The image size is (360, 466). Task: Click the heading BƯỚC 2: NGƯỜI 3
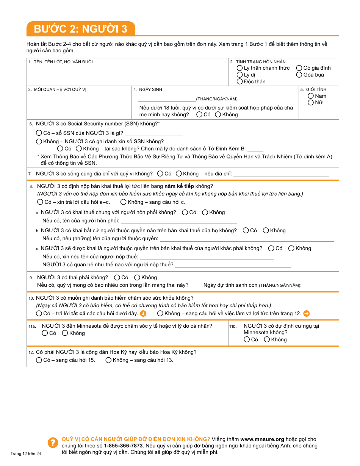click(x=80, y=29)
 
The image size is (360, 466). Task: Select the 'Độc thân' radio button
click(x=239, y=81)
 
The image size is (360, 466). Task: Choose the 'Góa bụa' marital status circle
click(x=299, y=75)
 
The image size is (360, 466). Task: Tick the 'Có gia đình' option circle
click(x=299, y=68)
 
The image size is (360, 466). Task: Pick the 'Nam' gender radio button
click(x=311, y=96)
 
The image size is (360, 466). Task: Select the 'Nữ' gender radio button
click(x=311, y=102)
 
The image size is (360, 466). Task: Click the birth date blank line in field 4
click(x=167, y=99)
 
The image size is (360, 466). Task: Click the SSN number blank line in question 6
click(x=153, y=133)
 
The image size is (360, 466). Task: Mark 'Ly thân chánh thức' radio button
click(x=239, y=68)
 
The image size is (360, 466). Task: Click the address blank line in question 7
click(x=281, y=174)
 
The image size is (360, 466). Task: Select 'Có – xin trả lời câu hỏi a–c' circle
click(x=39, y=202)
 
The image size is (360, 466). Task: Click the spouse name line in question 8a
click(x=178, y=221)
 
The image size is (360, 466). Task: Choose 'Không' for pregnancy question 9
click(x=137, y=277)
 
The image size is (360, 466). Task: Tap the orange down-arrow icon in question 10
click(x=143, y=313)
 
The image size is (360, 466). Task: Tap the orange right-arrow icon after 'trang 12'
click(x=307, y=313)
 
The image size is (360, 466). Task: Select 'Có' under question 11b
click(x=247, y=339)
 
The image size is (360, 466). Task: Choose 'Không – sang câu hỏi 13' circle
click(x=108, y=360)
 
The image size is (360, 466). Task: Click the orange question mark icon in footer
click(x=52, y=443)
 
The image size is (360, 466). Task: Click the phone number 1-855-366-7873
click(x=123, y=446)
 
